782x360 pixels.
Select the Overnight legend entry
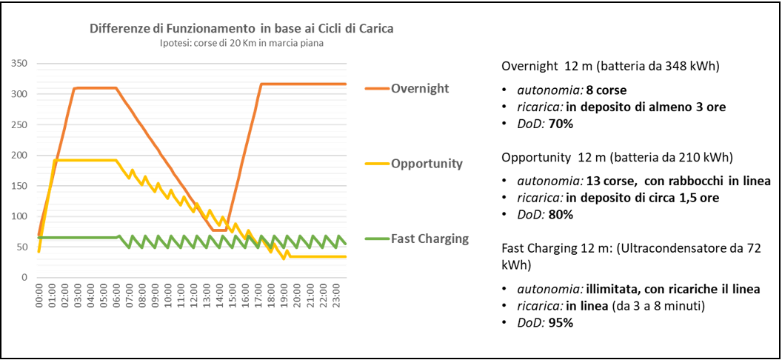click(x=419, y=88)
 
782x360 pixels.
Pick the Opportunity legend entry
click(x=427, y=163)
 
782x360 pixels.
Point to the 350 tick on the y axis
click(x=19, y=64)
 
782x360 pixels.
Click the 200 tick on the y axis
click(x=19, y=156)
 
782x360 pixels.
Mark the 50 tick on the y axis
click(x=22, y=247)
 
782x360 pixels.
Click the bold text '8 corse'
click(x=606, y=90)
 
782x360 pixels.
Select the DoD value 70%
click(x=561, y=124)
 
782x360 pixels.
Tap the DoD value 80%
click(x=561, y=214)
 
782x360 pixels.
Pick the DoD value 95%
click(x=561, y=322)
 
